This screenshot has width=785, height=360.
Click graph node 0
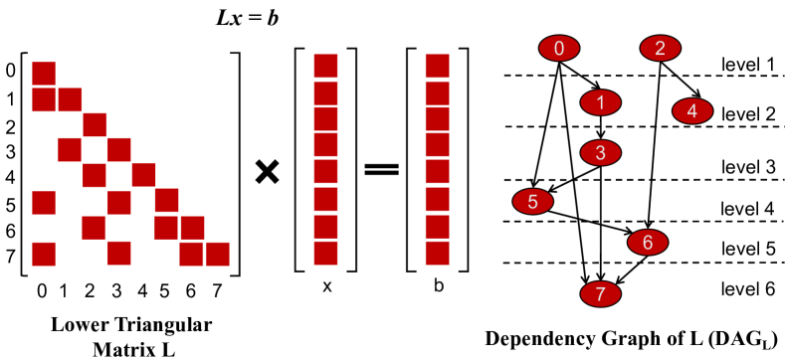click(559, 48)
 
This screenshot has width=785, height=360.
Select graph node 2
click(660, 48)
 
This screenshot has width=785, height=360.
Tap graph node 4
click(692, 110)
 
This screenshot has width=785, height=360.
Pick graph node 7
click(601, 294)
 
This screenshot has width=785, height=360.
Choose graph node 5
click(532, 202)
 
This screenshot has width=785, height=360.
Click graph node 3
click(600, 152)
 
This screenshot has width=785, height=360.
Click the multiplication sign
click(267, 171)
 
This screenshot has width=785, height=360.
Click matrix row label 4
click(11, 177)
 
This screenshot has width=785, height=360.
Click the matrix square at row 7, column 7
click(218, 254)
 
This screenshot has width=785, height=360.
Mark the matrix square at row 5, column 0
click(44, 202)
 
